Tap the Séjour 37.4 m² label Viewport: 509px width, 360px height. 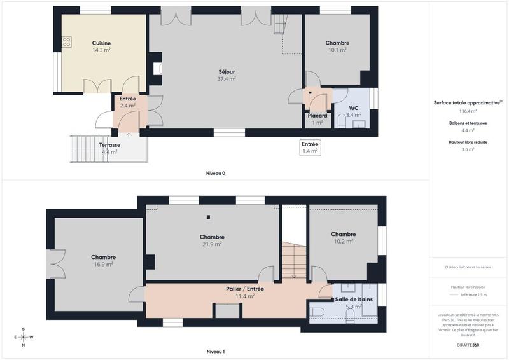[x=227, y=75]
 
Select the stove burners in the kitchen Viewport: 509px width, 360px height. [x=66, y=42]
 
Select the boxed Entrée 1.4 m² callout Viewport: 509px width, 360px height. [x=310, y=148]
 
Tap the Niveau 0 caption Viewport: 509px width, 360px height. [x=215, y=173]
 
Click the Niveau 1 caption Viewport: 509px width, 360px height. [x=215, y=352]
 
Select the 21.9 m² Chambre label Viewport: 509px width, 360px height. [x=212, y=240]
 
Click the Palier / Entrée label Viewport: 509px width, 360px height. [x=245, y=292]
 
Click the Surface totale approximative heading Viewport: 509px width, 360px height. [x=467, y=102]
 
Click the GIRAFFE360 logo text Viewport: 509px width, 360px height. [x=467, y=343]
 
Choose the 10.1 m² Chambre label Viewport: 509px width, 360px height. [x=337, y=46]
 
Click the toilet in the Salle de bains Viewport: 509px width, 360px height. [x=318, y=311]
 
